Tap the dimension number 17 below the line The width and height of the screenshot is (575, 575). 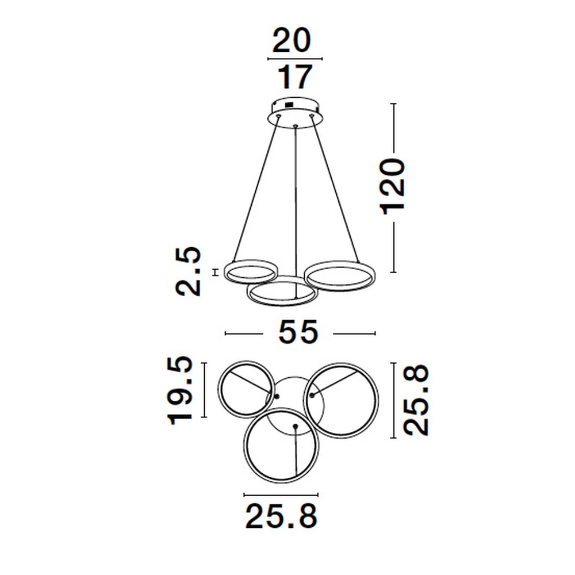click(296, 76)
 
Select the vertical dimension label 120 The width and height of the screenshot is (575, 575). click(394, 185)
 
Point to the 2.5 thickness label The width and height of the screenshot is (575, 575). click(189, 271)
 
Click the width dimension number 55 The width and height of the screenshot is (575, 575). click(298, 332)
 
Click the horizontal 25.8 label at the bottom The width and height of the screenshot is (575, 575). click(281, 516)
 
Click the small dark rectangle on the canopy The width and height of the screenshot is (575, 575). click(287, 105)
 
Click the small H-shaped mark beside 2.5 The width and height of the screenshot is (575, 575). click(215, 272)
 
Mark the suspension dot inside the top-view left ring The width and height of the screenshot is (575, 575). click(277, 397)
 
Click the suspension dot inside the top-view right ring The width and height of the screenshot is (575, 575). click(312, 395)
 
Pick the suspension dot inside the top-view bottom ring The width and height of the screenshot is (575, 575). click(295, 426)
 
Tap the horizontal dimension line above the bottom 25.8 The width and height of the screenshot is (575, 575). click(281, 494)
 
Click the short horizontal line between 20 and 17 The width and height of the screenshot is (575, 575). click(295, 59)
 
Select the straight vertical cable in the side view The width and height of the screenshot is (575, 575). click(296, 201)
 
